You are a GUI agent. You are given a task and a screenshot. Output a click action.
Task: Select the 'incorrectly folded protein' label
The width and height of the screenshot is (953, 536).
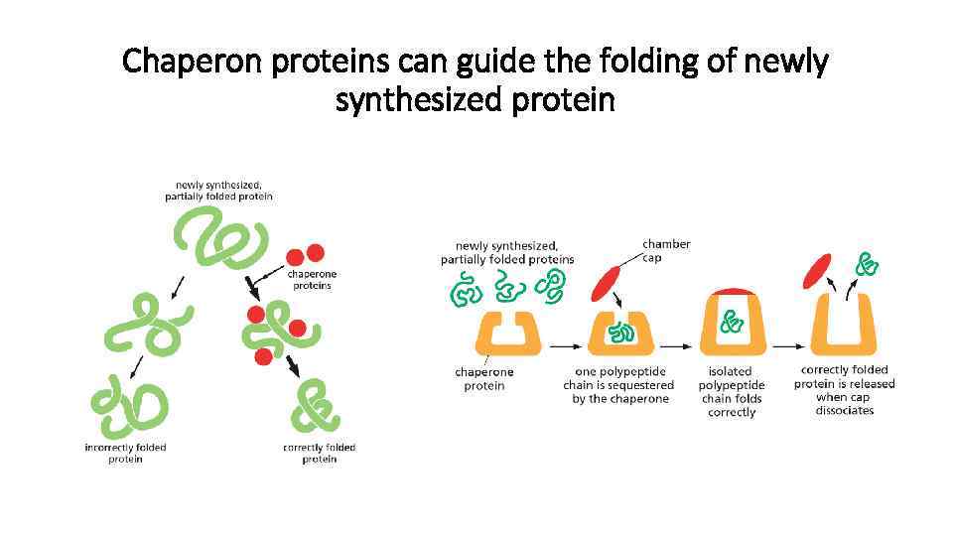coord(126,453)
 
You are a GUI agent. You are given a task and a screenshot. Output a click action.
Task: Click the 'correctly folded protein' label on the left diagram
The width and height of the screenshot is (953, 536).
coord(319,453)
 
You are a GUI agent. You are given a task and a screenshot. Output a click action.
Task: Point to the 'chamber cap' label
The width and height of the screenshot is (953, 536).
coord(666,250)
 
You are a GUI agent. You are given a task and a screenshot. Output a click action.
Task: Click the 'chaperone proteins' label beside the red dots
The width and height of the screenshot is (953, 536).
coord(313,279)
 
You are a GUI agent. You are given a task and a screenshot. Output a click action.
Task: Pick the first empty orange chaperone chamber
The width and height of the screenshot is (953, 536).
coord(508,334)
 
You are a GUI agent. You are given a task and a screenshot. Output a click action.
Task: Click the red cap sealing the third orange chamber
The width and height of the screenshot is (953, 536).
coord(732,291)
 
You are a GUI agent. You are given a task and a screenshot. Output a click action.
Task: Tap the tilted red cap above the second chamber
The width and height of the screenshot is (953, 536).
coord(607,282)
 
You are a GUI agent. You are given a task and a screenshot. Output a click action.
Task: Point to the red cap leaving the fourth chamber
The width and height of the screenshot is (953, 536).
coord(818,269)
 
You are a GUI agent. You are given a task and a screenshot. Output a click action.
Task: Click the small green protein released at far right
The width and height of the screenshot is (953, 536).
coord(869,264)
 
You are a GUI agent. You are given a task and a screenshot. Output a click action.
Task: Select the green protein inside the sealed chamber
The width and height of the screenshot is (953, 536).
coord(732,322)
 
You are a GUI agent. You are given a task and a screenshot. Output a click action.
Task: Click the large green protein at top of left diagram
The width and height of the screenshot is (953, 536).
coord(219,239)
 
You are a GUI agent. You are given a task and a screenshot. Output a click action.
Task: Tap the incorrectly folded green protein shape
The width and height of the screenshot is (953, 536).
coord(129,402)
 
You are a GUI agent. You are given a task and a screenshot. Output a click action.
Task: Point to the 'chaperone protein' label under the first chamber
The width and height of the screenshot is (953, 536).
coord(484,378)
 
